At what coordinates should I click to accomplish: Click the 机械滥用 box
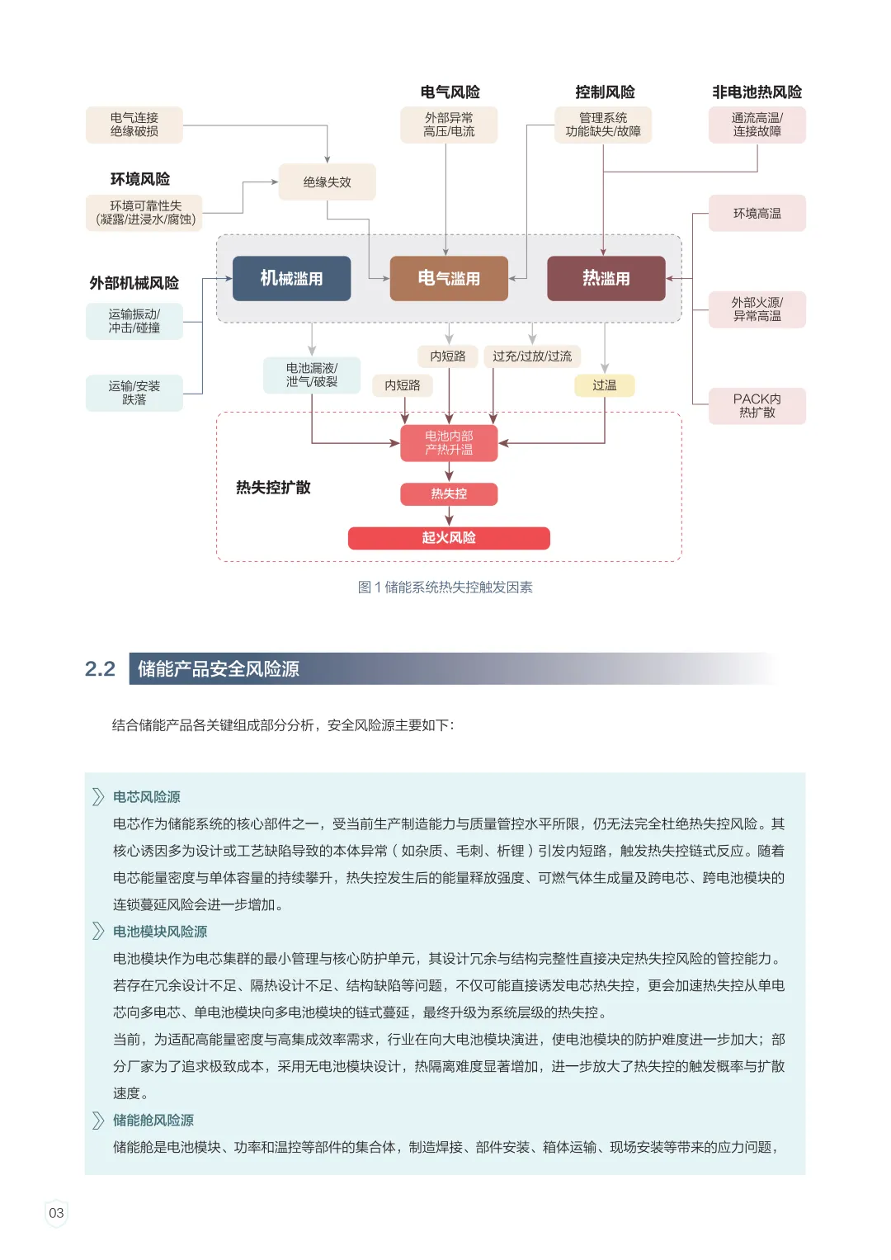tap(291, 278)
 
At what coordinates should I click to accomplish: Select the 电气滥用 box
tap(449, 278)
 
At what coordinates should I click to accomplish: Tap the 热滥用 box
tap(606, 278)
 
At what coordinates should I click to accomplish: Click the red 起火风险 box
tap(449, 538)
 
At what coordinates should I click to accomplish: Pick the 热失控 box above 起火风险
tap(449, 493)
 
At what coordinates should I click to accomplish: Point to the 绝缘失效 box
tap(327, 182)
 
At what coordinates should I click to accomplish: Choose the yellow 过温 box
tap(604, 385)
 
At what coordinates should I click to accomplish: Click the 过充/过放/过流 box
tap(532, 356)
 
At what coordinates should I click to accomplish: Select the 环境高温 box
tap(757, 213)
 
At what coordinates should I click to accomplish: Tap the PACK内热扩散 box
tap(757, 405)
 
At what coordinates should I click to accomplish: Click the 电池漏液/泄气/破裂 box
tap(312, 375)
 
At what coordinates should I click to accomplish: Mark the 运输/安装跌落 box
tap(134, 392)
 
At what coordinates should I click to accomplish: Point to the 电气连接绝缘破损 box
tap(134, 125)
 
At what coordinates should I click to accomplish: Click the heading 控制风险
tap(605, 92)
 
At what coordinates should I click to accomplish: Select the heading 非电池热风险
tap(757, 92)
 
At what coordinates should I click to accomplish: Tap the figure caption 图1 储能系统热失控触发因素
tap(445, 587)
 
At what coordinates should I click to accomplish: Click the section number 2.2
tap(100, 668)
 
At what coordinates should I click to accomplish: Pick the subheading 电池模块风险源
tap(160, 931)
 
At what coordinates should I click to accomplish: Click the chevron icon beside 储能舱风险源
tap(98, 1120)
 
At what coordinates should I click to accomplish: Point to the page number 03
tap(56, 1212)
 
